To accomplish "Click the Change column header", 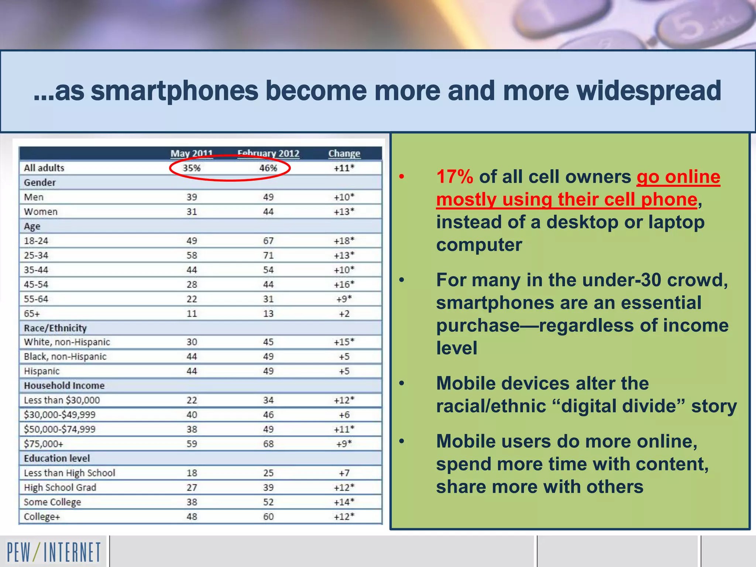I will click(344, 153).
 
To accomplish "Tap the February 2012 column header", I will click(268, 153).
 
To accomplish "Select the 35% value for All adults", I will click(192, 168).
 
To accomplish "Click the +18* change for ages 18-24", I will click(344, 241).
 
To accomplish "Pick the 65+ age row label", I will click(32, 314).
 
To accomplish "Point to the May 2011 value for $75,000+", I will click(192, 444).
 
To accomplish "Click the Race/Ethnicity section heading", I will click(55, 328).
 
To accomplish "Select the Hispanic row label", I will click(42, 371).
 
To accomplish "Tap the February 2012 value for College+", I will click(268, 516).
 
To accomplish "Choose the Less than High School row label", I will click(69, 473).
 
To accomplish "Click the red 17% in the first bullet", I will click(454, 177).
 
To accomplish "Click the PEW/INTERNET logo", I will click(54, 552).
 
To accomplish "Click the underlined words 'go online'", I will click(678, 177).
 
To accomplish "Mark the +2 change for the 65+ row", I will click(344, 314).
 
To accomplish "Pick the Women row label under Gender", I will click(41, 212).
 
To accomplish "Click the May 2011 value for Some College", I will click(192, 502).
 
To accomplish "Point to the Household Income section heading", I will click(64, 386).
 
